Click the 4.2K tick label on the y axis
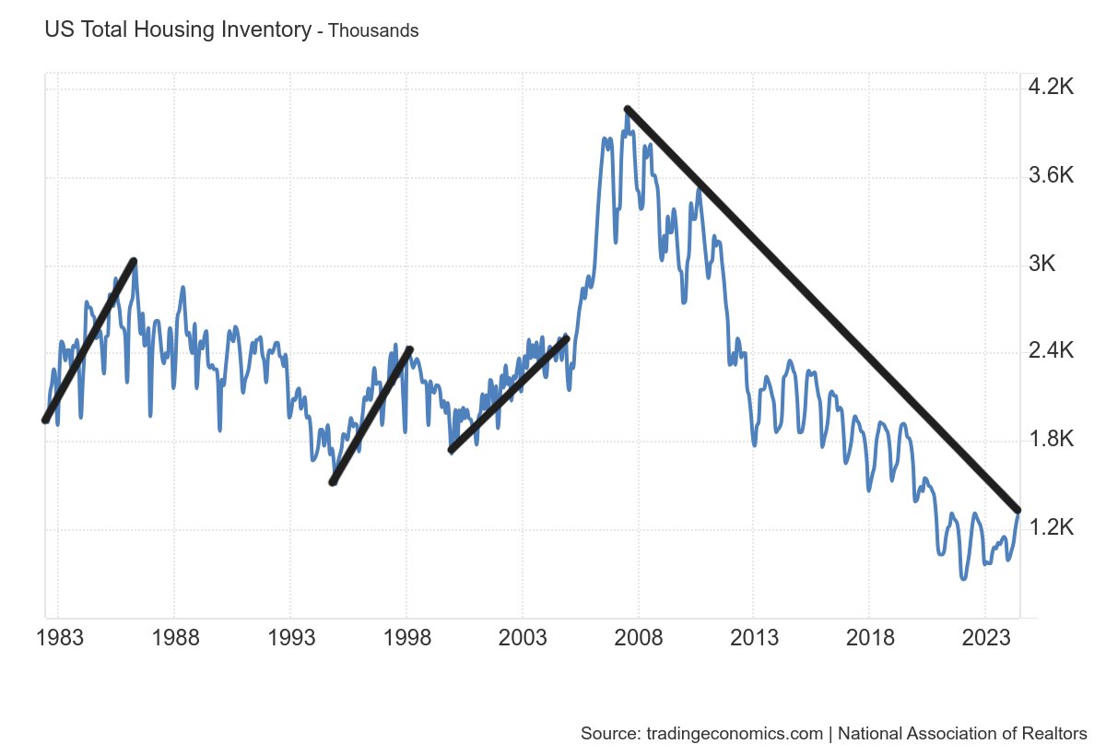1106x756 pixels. [1051, 88]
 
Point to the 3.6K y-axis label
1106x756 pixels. [1051, 176]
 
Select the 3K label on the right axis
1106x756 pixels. [1041, 264]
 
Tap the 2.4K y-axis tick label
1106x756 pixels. [1051, 351]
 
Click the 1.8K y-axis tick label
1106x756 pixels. [1051, 440]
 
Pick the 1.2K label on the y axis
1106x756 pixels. [1051, 527]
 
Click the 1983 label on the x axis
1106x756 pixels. [63, 639]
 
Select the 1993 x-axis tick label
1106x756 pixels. [291, 639]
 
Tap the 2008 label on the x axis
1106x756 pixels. [638, 639]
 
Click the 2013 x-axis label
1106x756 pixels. [754, 639]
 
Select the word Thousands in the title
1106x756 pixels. [373, 30]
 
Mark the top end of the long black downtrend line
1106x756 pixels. [628, 109]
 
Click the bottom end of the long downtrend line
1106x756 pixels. [1018, 510]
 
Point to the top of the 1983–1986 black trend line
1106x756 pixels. [134, 261]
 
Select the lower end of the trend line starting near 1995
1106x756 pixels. [333, 482]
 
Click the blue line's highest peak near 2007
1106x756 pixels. [627, 112]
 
